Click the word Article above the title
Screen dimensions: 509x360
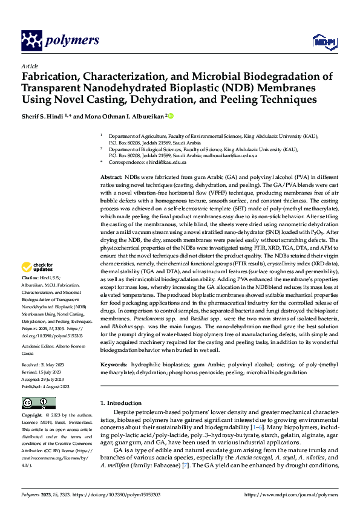(x=30, y=65)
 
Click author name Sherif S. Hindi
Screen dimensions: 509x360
(x=43, y=115)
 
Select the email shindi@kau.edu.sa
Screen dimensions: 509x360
(x=169, y=162)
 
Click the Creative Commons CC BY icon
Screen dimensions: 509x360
(x=39, y=403)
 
